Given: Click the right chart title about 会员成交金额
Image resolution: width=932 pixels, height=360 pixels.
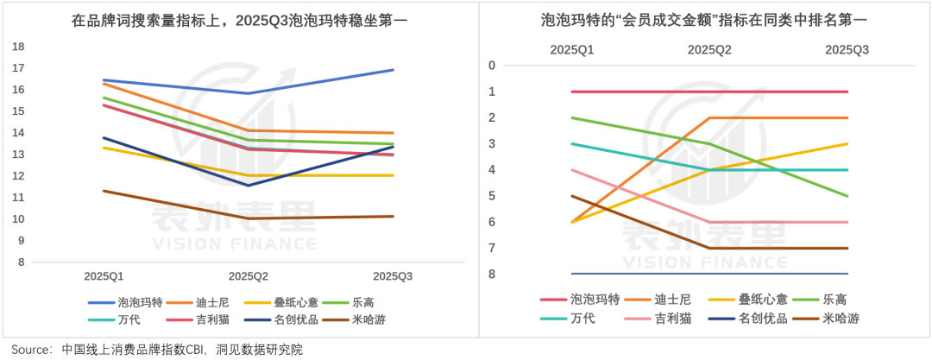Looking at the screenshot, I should pyautogui.click(x=702, y=19).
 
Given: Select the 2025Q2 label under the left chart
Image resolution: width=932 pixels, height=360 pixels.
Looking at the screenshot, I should pyautogui.click(x=249, y=276).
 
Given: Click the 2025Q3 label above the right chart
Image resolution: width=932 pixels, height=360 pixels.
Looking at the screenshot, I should pyautogui.click(x=847, y=50).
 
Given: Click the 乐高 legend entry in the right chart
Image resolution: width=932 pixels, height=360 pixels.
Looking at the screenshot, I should pyautogui.click(x=834, y=300).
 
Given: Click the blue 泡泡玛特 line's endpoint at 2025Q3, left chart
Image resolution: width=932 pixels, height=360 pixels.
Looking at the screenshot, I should pyautogui.click(x=393, y=70).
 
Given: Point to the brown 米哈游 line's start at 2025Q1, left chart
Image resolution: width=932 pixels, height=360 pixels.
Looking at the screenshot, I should pyautogui.click(x=104, y=191).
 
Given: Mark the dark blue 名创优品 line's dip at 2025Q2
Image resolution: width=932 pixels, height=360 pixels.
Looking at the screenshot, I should pyautogui.click(x=249, y=185).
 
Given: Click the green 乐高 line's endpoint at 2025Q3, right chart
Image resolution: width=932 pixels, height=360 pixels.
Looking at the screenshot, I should pyautogui.click(x=847, y=196).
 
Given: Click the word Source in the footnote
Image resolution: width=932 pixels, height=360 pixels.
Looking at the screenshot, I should pyautogui.click(x=29, y=350).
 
